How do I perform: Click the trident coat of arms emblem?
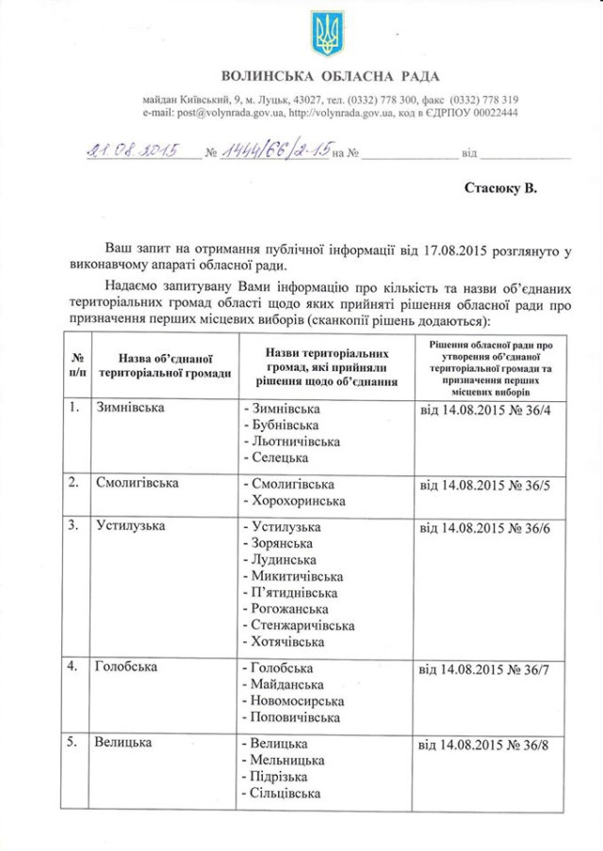[x=327, y=33]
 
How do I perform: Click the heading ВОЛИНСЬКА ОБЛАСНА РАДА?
[x=330, y=75]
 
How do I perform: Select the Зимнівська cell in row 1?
[x=130, y=409]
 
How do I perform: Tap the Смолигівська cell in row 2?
[x=138, y=483]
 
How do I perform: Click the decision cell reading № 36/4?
[x=482, y=411]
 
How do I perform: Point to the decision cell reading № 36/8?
[x=482, y=746]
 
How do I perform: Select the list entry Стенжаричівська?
[x=301, y=625]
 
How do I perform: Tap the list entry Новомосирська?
[x=296, y=700]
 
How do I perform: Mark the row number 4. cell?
[x=73, y=667]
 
